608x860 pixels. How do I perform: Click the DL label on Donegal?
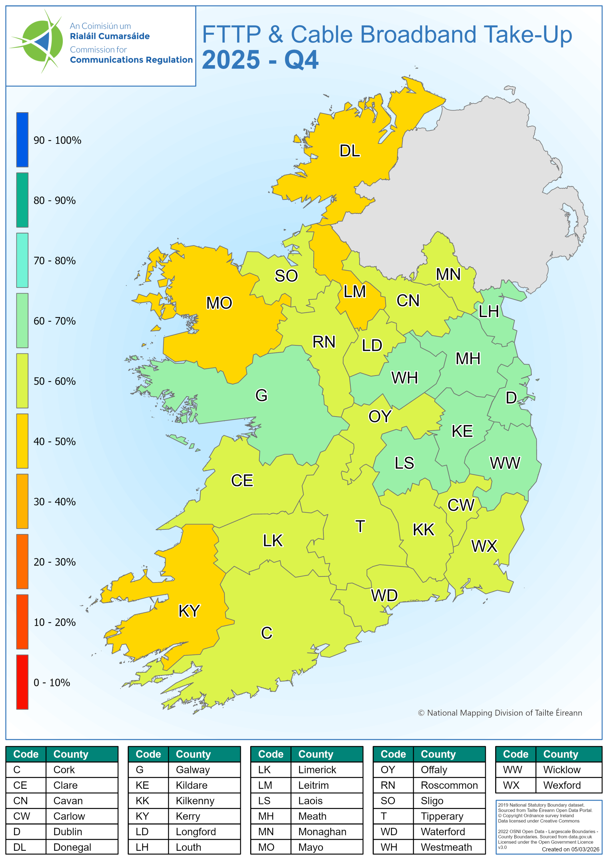point(349,151)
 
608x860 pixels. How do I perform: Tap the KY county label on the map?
point(189,611)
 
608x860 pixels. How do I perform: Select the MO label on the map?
point(219,303)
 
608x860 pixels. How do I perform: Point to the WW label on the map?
point(505,463)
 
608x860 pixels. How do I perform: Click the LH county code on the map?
point(488,312)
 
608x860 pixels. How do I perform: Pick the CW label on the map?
point(461,505)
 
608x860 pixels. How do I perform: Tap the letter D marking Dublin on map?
point(511,398)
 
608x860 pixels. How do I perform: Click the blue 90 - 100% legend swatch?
point(22,140)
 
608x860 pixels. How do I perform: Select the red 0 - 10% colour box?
point(22,682)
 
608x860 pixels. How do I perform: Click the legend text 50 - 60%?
point(55,381)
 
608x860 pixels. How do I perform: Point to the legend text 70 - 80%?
point(55,261)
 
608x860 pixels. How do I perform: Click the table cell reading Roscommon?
point(449,785)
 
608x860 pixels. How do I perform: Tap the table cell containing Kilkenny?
point(195,801)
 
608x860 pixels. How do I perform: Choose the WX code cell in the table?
point(512,785)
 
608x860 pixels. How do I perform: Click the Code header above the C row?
point(26,754)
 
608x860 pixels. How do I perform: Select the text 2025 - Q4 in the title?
point(260,60)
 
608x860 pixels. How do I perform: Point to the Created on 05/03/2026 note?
point(570,850)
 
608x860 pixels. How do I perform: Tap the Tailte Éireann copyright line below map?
point(500,713)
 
